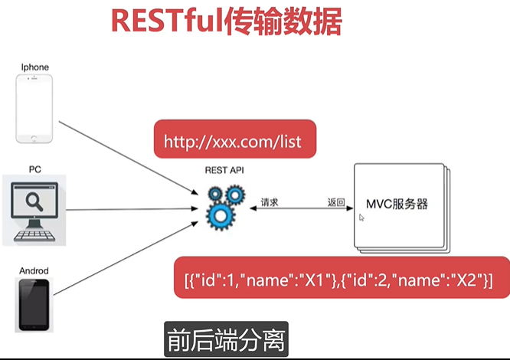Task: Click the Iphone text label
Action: tap(35, 67)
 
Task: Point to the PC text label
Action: tap(35, 169)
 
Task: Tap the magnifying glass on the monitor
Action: tap(34, 200)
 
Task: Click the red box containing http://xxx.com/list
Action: tap(234, 141)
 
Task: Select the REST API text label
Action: tap(224, 172)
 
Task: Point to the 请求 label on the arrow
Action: tap(269, 203)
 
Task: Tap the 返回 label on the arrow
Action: tap(335, 203)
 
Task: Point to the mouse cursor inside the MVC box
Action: tap(361, 218)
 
